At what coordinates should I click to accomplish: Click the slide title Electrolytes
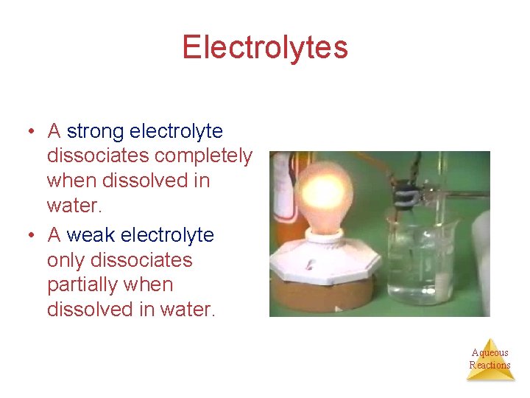pyautogui.click(x=265, y=48)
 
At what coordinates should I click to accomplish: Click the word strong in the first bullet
pyautogui.click(x=96, y=132)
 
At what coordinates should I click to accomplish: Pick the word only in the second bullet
pyautogui.click(x=63, y=260)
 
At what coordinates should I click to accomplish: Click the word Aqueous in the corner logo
pyautogui.click(x=490, y=353)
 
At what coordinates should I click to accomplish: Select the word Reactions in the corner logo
pyautogui.click(x=490, y=365)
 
